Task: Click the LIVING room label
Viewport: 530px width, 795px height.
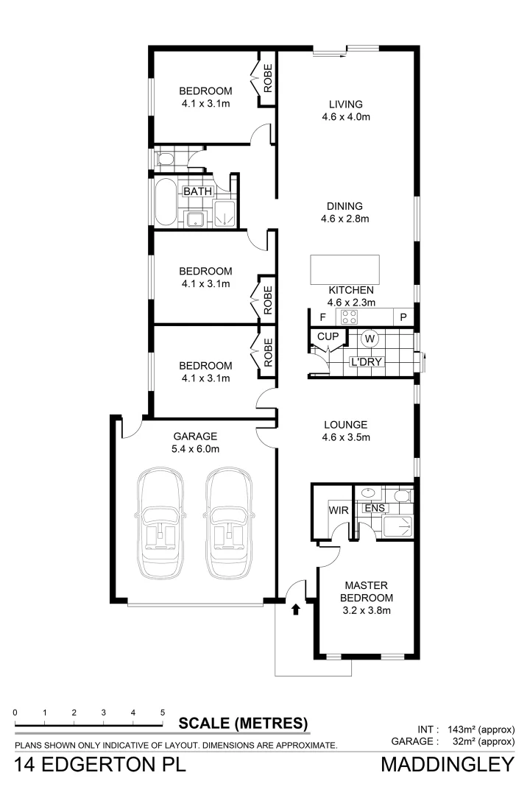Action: pyautogui.click(x=345, y=104)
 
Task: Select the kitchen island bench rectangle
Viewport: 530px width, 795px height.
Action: pyautogui.click(x=344, y=269)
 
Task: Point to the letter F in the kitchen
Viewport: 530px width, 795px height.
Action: pyautogui.click(x=322, y=318)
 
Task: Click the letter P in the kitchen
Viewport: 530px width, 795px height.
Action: pyautogui.click(x=403, y=318)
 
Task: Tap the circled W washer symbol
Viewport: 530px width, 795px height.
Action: pyautogui.click(x=371, y=339)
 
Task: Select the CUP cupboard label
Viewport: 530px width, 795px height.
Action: pyautogui.click(x=328, y=337)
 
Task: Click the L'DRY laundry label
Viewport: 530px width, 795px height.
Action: pyautogui.click(x=364, y=362)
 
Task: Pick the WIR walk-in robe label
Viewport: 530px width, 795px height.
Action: pyautogui.click(x=337, y=509)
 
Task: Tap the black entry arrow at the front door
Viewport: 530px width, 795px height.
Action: pyautogui.click(x=296, y=609)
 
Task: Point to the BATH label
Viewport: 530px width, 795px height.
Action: pyautogui.click(x=198, y=191)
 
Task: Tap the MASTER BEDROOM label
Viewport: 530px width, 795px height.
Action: pyautogui.click(x=367, y=592)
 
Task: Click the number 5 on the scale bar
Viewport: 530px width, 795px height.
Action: pyautogui.click(x=162, y=713)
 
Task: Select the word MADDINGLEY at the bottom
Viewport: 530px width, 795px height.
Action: pyautogui.click(x=447, y=766)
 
